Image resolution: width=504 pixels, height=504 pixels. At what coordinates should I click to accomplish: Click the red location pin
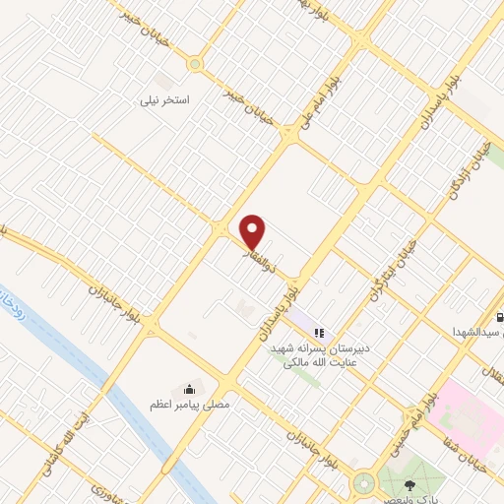pyautogui.click(x=254, y=231)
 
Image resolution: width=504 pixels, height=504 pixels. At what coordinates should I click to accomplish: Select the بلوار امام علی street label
pyautogui.click(x=321, y=98)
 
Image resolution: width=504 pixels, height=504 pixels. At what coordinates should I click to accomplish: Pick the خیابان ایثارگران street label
pyautogui.click(x=388, y=269)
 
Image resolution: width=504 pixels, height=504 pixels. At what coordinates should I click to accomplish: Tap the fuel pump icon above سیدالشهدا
pyautogui.click(x=499, y=317)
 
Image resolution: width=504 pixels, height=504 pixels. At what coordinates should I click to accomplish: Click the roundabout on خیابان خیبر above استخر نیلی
pyautogui.click(x=195, y=65)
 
